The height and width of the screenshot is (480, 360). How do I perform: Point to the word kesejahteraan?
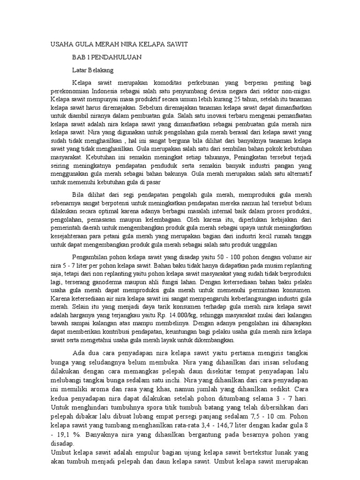pyautogui.click(x=72, y=236)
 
